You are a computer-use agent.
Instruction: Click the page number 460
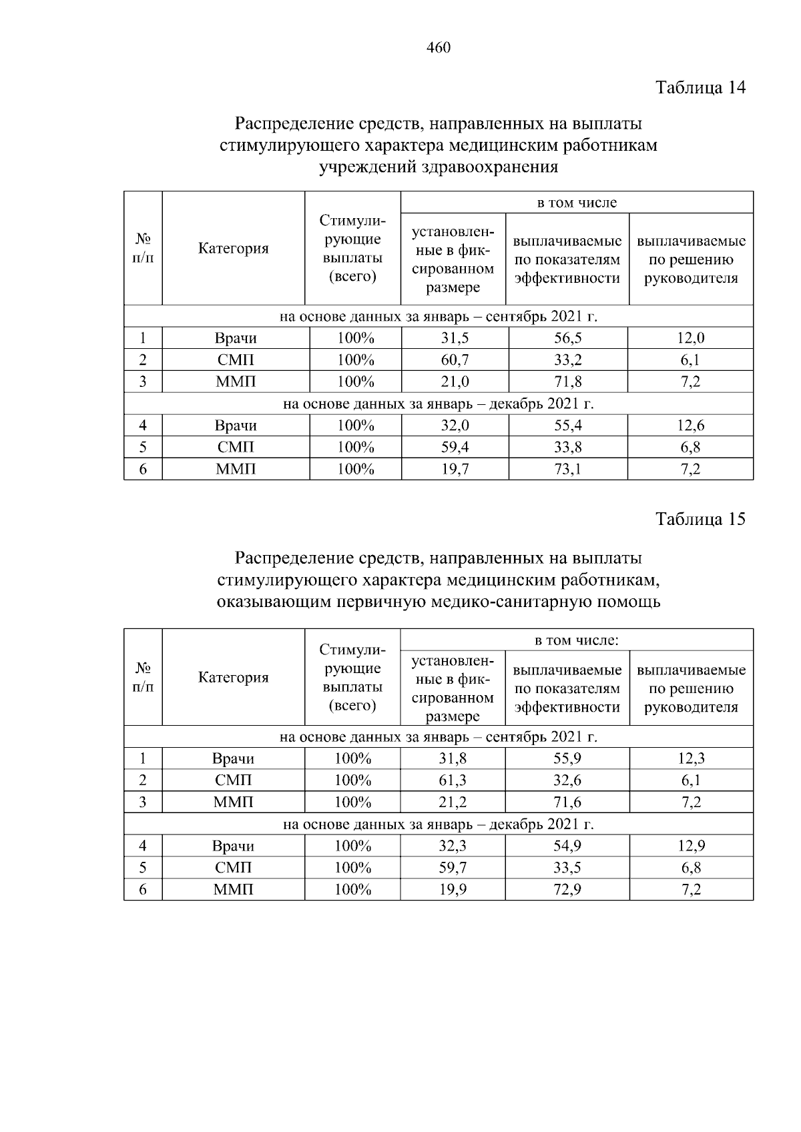click(439, 47)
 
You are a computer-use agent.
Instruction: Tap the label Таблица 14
click(700, 87)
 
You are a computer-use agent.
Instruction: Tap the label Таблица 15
click(700, 520)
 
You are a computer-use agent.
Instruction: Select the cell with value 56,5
click(568, 338)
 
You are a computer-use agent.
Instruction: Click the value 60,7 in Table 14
click(455, 360)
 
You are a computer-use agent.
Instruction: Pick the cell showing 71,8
click(568, 382)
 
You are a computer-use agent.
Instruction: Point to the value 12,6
click(690, 426)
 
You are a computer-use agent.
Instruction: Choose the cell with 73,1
click(568, 469)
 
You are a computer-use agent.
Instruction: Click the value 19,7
click(455, 469)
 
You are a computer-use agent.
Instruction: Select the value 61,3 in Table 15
click(453, 780)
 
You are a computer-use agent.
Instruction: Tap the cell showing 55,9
click(567, 758)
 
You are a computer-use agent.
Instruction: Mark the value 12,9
click(691, 846)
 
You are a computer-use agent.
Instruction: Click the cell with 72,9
click(567, 890)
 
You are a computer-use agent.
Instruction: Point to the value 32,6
click(567, 780)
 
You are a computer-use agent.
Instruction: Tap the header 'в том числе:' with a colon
click(577, 640)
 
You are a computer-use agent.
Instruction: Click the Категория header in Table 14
click(234, 249)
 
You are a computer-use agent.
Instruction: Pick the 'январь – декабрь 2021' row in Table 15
click(439, 824)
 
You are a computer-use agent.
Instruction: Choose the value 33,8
click(568, 447)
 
